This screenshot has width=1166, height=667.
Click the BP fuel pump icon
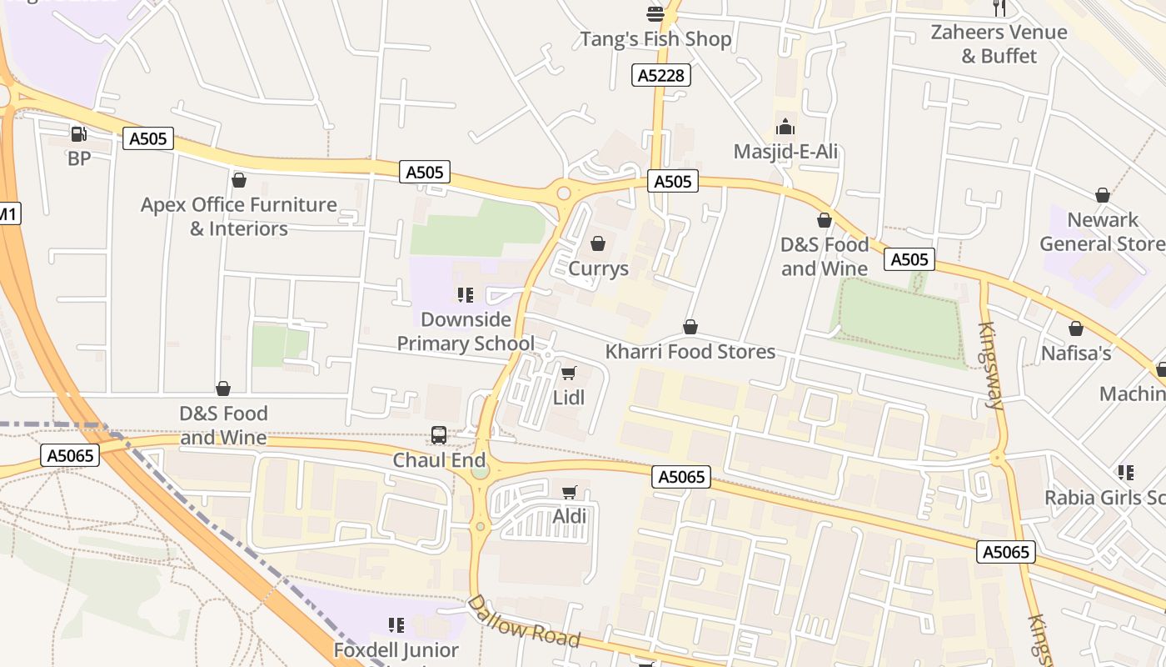[x=78, y=133]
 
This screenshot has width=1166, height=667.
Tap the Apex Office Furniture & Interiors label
[x=239, y=217]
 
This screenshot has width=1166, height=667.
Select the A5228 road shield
[x=661, y=76]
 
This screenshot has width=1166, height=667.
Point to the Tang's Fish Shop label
[x=655, y=39]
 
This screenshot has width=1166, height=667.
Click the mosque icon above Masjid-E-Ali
[x=785, y=128]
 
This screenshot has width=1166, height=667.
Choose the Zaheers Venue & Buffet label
[x=999, y=44]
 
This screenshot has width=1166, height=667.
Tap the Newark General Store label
[x=1103, y=232]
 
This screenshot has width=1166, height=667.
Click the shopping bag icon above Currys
[x=597, y=243]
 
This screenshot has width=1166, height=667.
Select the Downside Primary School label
[x=466, y=331]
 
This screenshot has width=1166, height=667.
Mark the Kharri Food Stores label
[x=690, y=352]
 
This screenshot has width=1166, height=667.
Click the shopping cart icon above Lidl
[x=569, y=373]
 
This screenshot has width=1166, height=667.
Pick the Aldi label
[x=570, y=517]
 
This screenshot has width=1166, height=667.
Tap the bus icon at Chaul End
[x=439, y=434]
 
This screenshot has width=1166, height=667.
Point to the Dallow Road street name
[x=522, y=622]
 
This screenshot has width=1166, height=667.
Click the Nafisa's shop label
[x=1076, y=354]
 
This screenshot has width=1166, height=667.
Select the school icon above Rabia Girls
[x=1126, y=473]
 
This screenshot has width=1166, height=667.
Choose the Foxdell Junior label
[x=396, y=650]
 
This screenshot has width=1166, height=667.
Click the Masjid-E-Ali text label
[x=785, y=152]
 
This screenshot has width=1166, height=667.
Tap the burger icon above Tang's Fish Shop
[x=655, y=13]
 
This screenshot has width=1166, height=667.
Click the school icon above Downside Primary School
[x=466, y=294]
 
